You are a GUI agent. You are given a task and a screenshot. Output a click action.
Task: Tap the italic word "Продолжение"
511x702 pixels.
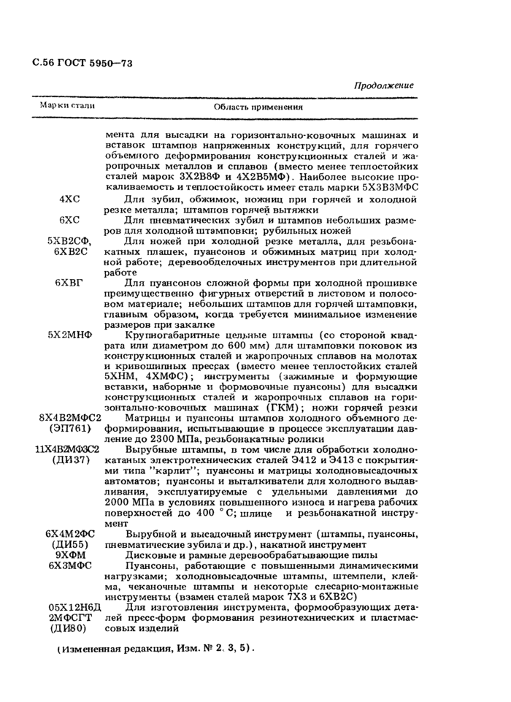point(383,85)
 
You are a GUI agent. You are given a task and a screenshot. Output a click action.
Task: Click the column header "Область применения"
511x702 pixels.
point(258,107)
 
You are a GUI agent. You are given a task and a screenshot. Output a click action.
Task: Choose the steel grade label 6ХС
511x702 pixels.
point(69,219)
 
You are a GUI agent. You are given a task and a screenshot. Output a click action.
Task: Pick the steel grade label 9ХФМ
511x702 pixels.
point(69,555)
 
